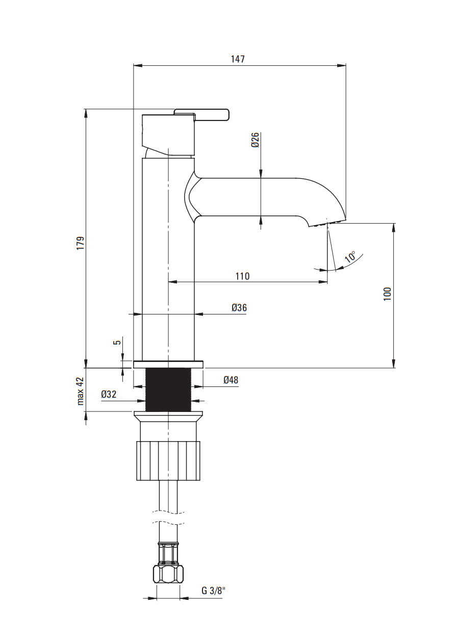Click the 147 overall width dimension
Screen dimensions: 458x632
pos(238,59)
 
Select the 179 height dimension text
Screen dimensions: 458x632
pos(81,243)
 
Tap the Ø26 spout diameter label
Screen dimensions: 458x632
pos(255,140)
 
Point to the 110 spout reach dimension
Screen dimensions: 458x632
pos(242,276)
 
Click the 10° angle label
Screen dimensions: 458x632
pos(350,257)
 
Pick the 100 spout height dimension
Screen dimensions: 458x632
pos(388,294)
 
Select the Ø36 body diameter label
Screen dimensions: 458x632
pos(239,307)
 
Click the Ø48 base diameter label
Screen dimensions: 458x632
pos(231,380)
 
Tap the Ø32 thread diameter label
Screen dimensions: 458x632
pos(109,394)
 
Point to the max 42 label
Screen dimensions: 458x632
pos(81,391)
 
